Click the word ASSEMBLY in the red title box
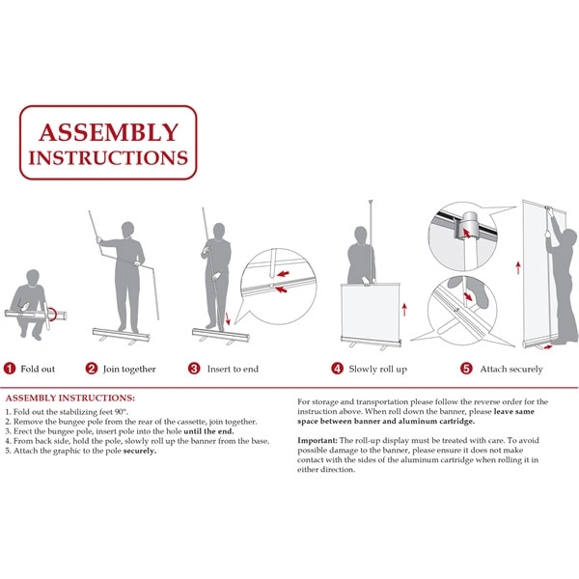coord(108,132)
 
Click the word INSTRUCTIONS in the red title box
coord(108,156)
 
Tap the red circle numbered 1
coord(9,368)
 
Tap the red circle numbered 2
coord(92,368)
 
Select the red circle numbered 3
coord(194,368)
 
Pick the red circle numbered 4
coord(337,368)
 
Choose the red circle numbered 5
coord(465,368)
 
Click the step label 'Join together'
coord(131,369)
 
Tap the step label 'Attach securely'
coord(510,369)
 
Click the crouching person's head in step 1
coord(34,278)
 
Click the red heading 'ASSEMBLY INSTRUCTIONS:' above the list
coord(70,398)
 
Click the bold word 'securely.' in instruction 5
coord(140,451)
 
